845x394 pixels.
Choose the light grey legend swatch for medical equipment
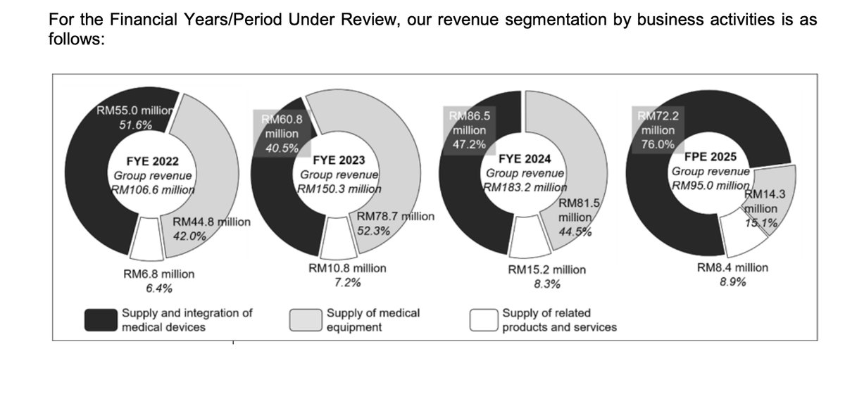306,319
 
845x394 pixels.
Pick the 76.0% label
658,144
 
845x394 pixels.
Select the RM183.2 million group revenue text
525,187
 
